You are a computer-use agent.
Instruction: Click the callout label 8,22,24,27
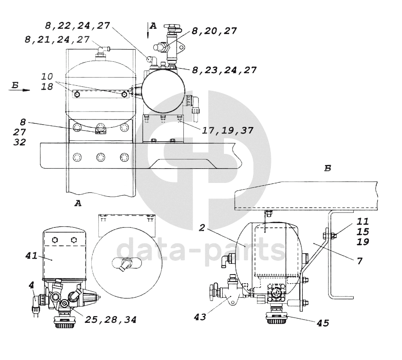point(77,26)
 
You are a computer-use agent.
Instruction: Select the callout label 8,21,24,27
point(57,40)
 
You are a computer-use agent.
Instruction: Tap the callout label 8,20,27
point(214,31)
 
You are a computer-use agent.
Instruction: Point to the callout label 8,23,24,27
point(225,70)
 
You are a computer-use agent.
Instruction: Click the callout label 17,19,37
point(228,130)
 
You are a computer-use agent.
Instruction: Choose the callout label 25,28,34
point(111,320)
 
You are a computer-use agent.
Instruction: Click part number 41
point(32,256)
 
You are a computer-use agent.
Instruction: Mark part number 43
point(200,317)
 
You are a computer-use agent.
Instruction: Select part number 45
point(323,323)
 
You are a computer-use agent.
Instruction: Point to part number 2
point(202,227)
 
